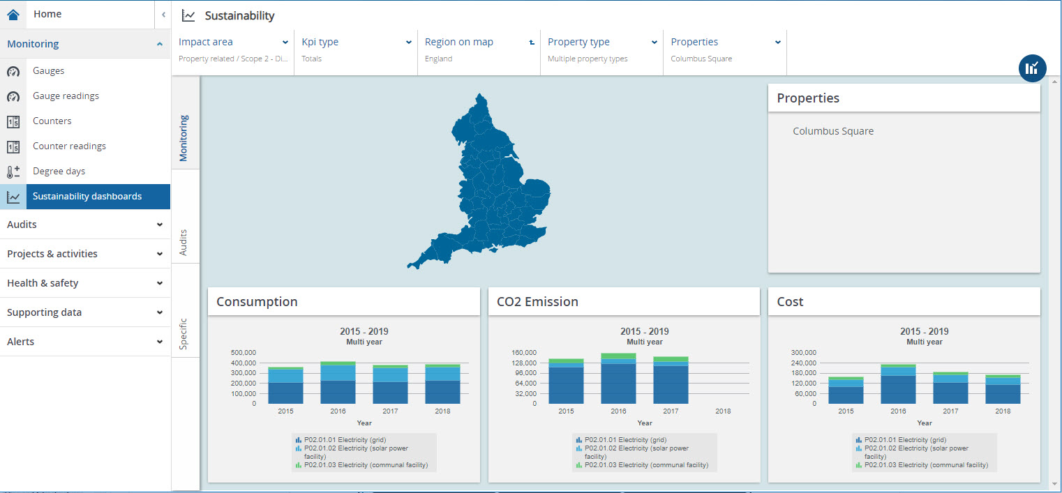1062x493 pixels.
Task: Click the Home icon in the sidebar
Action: pos(13,15)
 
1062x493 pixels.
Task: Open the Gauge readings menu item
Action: pos(66,96)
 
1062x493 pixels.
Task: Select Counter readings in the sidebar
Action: pos(69,146)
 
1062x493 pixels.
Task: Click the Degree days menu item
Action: pos(59,172)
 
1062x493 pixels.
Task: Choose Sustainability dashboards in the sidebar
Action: pos(87,197)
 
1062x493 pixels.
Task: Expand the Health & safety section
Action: pos(84,283)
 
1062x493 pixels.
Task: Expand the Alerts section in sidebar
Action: pos(84,342)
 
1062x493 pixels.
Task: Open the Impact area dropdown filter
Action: pos(233,43)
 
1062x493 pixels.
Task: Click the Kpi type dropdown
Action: pos(356,43)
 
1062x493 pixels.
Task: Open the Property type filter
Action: pos(601,43)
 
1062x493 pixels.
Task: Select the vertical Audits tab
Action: pos(184,241)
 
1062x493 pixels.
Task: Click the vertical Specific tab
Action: pos(184,334)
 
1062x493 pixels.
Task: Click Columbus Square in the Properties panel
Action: pos(833,131)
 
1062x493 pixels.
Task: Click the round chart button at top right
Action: pos(1032,68)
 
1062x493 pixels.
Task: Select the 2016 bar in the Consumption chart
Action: pos(338,384)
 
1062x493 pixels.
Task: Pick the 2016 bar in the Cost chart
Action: pos(898,385)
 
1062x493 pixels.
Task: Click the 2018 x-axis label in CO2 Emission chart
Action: pos(723,411)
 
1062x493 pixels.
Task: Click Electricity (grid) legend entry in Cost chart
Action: pos(904,440)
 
